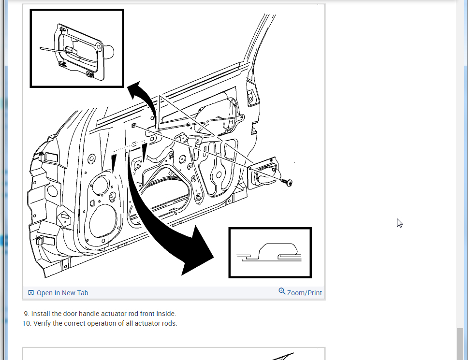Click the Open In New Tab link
point(62,293)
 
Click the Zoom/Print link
point(304,293)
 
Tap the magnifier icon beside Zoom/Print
point(282,291)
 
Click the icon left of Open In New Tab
point(31,293)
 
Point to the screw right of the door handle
point(287,182)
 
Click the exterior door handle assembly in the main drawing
point(263,173)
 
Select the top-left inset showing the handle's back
point(77,48)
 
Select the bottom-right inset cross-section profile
point(270,253)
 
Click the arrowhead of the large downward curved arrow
point(196,252)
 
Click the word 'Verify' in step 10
point(43,323)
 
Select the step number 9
point(27,314)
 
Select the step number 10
point(26,323)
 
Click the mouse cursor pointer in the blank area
point(399,223)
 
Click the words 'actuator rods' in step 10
point(157,323)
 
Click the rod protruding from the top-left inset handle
point(51,48)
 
